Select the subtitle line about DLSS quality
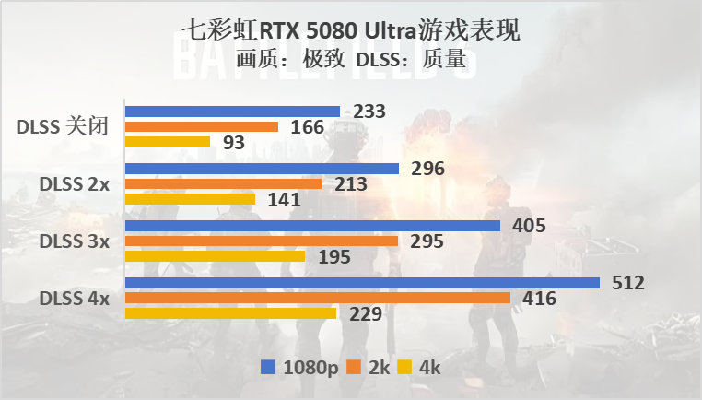tap(350, 61)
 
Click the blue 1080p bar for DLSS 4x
tap(361, 283)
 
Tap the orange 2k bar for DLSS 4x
tap(317, 298)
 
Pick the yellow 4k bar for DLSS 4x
tap(230, 313)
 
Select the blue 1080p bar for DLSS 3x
tap(312, 226)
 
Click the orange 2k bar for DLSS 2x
tap(223, 184)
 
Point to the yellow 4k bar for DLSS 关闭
tap(168, 142)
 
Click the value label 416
tap(539, 298)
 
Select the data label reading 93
tap(234, 143)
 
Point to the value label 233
tap(369, 112)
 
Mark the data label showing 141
tap(284, 199)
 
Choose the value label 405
tap(529, 226)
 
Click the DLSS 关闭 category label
tap(63, 127)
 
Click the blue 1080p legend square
tap(267, 368)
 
